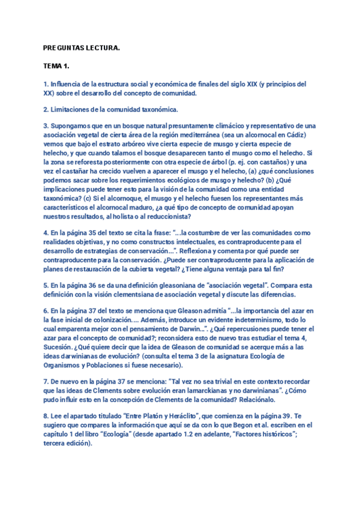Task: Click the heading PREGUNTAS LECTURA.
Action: click(82, 47)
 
